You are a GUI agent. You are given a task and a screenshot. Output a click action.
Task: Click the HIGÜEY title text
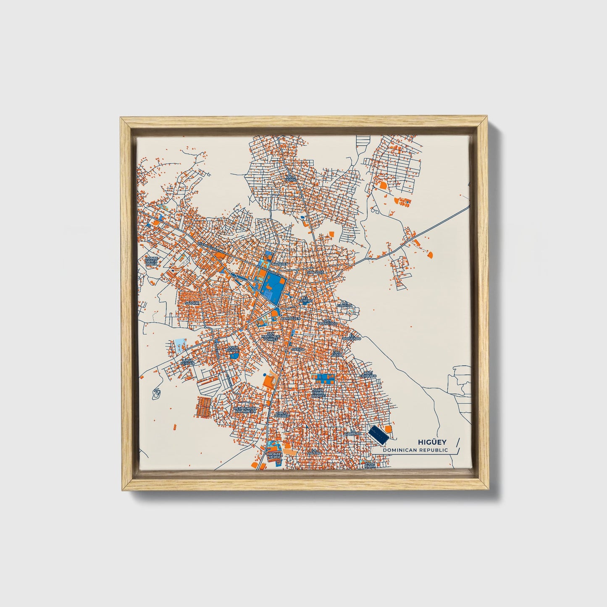click(432, 442)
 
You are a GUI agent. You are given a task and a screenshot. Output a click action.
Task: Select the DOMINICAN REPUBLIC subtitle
click(415, 450)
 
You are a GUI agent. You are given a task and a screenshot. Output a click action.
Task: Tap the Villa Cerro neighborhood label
click(291, 179)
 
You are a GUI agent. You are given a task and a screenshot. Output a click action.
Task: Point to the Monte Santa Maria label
click(152, 261)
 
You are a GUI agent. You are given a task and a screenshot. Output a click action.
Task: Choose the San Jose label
click(316, 272)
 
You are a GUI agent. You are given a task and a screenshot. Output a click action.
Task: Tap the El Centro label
click(305, 300)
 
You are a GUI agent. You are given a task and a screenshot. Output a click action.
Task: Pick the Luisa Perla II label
click(187, 362)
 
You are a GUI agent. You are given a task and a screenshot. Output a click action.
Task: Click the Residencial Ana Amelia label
click(245, 410)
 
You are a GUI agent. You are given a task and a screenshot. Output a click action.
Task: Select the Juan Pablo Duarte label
click(319, 393)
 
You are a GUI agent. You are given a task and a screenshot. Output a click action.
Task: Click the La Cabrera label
click(352, 432)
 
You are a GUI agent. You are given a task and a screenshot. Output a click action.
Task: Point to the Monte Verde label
click(275, 456)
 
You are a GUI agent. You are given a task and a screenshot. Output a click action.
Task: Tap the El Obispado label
click(352, 337)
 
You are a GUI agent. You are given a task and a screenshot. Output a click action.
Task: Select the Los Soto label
click(337, 354)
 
